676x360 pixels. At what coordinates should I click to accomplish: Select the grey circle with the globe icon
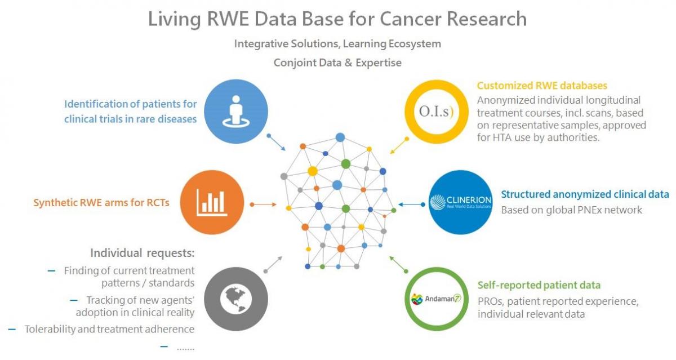click(236, 298)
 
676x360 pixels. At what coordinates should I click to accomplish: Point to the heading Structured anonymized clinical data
click(585, 194)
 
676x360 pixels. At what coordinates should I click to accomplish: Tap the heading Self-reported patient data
click(539, 285)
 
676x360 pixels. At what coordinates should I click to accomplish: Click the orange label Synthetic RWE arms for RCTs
click(101, 203)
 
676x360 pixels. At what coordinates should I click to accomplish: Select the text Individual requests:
click(142, 253)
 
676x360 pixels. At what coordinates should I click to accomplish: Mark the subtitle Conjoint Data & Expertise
click(337, 63)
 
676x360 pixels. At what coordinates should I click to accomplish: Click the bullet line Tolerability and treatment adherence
click(109, 329)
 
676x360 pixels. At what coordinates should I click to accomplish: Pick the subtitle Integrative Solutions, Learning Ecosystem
click(337, 43)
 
